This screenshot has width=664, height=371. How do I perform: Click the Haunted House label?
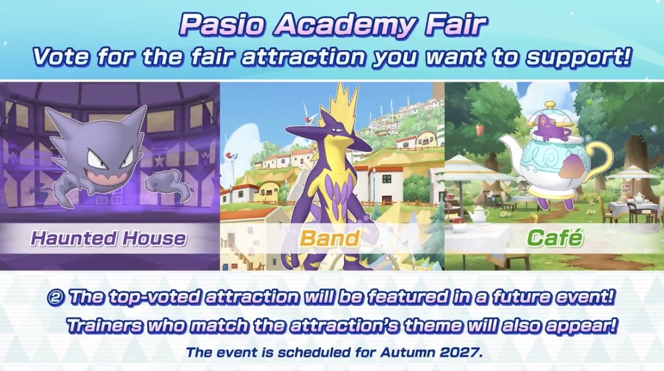(108, 239)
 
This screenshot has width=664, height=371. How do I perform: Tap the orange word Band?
(330, 239)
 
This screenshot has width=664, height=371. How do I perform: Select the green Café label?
(555, 237)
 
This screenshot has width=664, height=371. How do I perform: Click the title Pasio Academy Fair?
(332, 25)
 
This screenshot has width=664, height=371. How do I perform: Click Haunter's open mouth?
(107, 178)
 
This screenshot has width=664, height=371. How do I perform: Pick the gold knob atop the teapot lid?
(550, 104)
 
